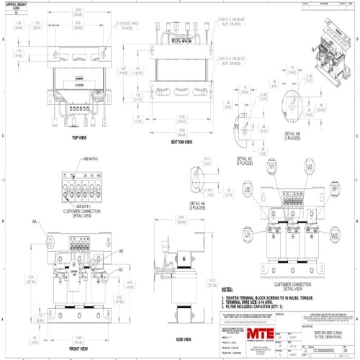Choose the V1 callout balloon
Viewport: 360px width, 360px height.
pyautogui.click(x=273, y=168)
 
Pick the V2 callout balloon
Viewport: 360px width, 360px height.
pyautogui.click(x=308, y=168)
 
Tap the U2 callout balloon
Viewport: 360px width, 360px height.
pyautogui.click(x=248, y=190)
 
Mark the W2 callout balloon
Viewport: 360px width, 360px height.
pyautogui.click(x=335, y=235)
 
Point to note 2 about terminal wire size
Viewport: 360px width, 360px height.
pyautogui.click(x=256, y=301)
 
